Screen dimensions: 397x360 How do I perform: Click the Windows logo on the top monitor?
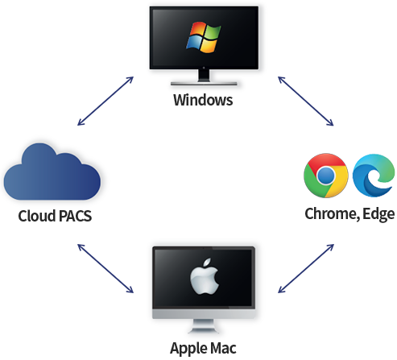click(x=204, y=37)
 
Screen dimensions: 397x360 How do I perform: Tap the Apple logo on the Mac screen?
click(x=205, y=276)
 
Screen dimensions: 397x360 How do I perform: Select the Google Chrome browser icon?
click(x=326, y=176)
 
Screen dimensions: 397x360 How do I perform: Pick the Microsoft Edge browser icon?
click(x=374, y=176)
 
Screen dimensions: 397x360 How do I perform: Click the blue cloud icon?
click(x=52, y=172)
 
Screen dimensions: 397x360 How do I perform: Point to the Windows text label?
click(x=203, y=100)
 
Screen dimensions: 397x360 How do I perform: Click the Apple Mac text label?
click(x=203, y=349)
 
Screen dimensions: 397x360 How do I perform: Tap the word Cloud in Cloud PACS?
click(x=37, y=216)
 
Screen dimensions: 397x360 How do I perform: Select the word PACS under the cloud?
click(x=75, y=216)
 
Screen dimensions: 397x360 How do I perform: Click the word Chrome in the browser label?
click(x=331, y=214)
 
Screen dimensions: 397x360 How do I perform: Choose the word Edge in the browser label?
click(x=378, y=214)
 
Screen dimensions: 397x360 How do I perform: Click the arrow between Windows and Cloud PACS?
click(x=105, y=101)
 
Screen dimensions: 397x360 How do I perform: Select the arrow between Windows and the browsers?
click(x=306, y=101)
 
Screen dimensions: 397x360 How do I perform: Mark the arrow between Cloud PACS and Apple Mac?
click(x=105, y=268)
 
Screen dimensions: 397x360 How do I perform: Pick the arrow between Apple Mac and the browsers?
click(x=306, y=268)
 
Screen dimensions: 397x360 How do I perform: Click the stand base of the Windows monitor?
click(x=204, y=84)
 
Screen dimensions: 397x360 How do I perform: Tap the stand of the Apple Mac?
click(x=204, y=326)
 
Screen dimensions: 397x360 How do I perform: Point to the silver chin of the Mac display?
click(x=204, y=313)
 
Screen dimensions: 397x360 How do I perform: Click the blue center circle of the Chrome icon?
click(x=325, y=176)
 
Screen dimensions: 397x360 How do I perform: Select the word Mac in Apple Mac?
click(x=223, y=348)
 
